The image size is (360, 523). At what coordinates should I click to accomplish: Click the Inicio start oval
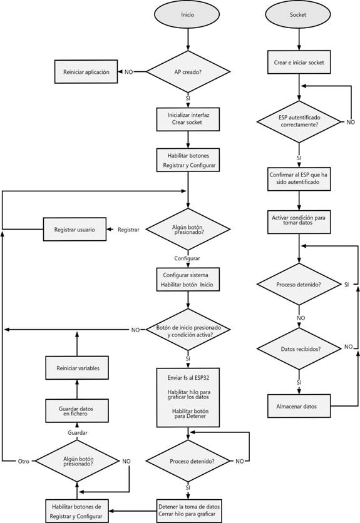coord(187,14)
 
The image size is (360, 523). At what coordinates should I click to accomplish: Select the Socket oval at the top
coord(298,14)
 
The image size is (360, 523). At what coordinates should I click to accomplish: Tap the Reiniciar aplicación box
coord(86,72)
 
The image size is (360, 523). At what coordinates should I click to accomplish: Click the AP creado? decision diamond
coord(188,72)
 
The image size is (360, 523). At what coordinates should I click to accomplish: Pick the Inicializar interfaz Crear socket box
coord(188,119)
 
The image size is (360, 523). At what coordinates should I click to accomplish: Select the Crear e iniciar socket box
coord(299,62)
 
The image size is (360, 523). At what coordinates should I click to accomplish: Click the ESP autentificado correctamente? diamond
coord(299,122)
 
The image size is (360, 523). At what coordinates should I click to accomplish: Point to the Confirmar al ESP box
coord(299,179)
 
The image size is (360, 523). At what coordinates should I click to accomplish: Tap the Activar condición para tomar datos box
coord(299,222)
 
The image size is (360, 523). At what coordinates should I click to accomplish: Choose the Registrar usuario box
coord(75,229)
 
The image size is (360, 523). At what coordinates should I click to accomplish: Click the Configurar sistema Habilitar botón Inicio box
coord(188,279)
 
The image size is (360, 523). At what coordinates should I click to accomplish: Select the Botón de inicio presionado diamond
coord(188,330)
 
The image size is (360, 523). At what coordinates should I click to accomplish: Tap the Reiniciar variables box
coord(77,368)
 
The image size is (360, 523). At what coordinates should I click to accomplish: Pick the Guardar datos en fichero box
coord(77,410)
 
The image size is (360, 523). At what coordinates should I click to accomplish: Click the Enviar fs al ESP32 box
coord(188,397)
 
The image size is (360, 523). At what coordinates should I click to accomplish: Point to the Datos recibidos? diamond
coord(299,348)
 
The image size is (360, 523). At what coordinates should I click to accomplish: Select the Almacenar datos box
coord(299,406)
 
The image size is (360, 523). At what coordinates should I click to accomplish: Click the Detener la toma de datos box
coord(188,510)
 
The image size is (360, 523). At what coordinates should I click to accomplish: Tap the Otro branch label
coord(23,461)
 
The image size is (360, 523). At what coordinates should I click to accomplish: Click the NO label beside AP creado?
coord(128,72)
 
